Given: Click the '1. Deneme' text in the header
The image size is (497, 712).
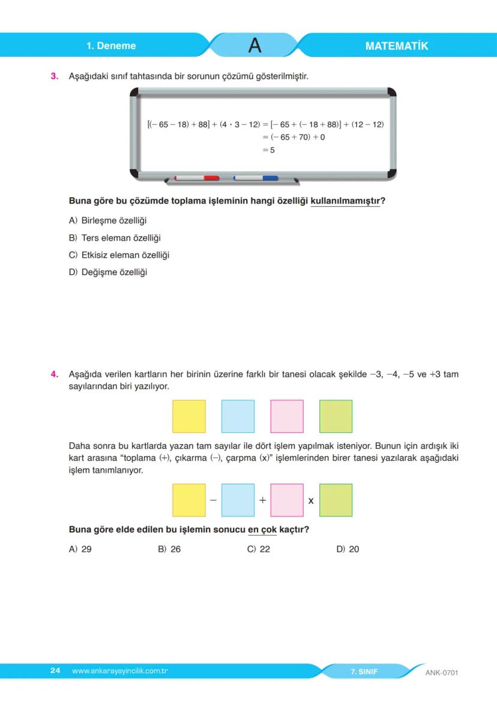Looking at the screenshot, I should click(x=111, y=46).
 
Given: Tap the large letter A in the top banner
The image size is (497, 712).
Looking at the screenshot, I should click(x=255, y=46).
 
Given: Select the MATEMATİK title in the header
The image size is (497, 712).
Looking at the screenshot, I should click(x=396, y=46).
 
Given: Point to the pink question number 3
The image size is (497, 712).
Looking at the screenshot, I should click(x=54, y=76).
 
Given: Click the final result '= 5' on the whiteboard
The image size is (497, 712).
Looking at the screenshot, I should click(x=268, y=150).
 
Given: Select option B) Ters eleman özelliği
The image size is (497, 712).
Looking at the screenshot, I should click(x=115, y=238).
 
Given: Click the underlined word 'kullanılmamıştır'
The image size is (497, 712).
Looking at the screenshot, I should click(x=345, y=201).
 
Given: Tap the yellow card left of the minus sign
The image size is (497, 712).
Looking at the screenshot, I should click(x=188, y=500).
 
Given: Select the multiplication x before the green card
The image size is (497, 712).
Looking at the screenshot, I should click(x=311, y=500).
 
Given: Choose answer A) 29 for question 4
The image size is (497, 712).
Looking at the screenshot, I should click(x=80, y=549).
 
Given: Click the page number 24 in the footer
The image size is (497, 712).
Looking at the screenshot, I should click(x=55, y=671).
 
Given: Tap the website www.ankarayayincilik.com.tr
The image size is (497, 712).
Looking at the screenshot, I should click(x=119, y=671).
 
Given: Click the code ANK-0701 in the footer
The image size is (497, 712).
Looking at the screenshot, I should click(x=441, y=672).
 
